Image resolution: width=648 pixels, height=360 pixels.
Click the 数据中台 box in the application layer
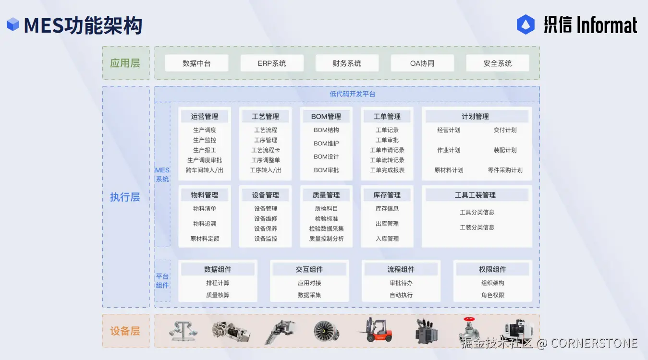(196, 63)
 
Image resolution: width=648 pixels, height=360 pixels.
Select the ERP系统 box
(272, 63)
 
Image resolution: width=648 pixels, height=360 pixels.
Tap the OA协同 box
(422, 63)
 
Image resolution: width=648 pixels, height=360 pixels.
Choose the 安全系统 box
(498, 63)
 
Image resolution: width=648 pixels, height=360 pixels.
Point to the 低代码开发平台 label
(353, 94)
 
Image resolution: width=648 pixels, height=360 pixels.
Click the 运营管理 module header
(205, 117)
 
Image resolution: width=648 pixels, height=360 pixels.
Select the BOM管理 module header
(326, 117)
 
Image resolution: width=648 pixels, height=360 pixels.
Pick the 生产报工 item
(205, 150)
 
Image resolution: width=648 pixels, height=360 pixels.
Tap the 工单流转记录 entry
(387, 160)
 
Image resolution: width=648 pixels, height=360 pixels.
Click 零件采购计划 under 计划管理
(505, 170)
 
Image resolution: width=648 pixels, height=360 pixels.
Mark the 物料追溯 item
(205, 224)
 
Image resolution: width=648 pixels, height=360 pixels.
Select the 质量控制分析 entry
(326, 239)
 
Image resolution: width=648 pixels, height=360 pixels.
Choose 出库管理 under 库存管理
(387, 224)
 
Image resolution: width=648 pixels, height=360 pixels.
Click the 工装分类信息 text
(477, 228)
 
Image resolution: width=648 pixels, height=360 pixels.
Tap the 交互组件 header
(309, 270)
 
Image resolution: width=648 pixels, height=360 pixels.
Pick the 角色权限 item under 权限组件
(493, 295)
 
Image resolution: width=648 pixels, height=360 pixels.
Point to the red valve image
(469, 330)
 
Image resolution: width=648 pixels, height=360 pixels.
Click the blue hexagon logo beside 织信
(526, 24)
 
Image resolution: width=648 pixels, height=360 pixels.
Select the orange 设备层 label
(125, 331)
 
